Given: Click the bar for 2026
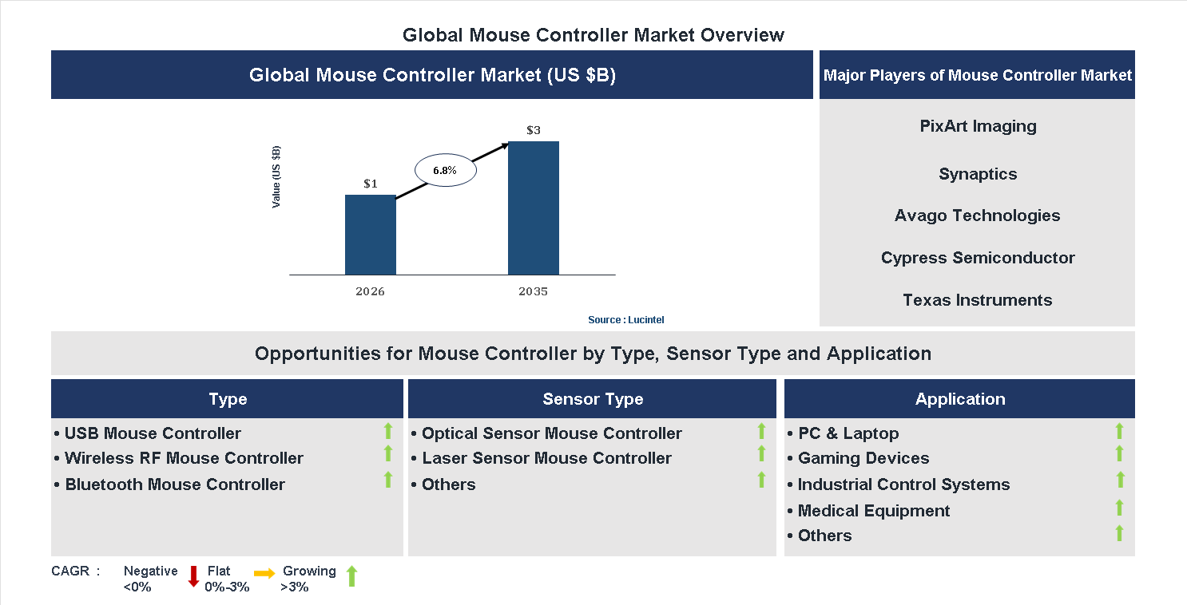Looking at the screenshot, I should (370, 235).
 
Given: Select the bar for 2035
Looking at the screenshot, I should (533, 208).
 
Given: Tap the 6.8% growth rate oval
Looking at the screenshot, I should (445, 170).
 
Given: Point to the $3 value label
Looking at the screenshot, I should (534, 130).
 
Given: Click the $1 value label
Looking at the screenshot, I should (371, 184).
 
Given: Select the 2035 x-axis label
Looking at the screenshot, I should (533, 291).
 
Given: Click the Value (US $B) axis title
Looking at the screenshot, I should (276, 177).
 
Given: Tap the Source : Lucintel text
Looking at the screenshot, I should (625, 319).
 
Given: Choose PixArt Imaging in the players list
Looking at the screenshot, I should (978, 126).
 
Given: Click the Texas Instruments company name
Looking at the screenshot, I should (977, 300).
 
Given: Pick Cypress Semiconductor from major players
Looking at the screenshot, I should (978, 258).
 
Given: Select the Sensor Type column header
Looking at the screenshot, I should (592, 399).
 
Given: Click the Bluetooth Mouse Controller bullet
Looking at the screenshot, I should (174, 484).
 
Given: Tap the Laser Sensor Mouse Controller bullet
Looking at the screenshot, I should (546, 458).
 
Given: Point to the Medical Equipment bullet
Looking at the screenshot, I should (873, 511).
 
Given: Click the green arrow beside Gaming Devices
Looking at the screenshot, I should (1119, 454).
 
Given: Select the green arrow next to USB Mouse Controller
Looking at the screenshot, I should (388, 432).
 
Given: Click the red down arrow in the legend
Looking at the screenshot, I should (193, 576).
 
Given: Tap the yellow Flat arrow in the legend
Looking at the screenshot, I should (264, 573).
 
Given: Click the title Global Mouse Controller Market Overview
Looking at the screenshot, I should (593, 35).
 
